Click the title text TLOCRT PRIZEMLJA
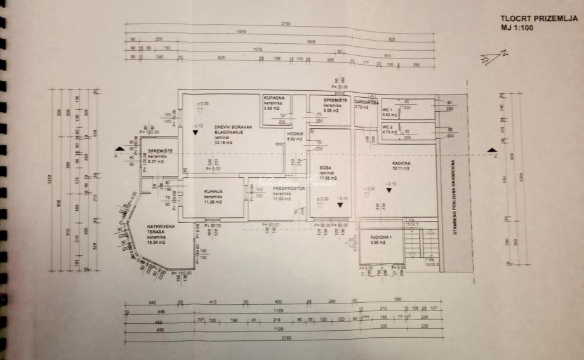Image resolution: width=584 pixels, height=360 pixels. (x=538, y=19)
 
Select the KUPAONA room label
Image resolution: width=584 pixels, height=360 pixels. (x=277, y=98)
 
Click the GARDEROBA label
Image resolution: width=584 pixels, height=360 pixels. (x=367, y=102)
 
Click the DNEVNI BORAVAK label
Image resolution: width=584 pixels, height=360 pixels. (x=233, y=127)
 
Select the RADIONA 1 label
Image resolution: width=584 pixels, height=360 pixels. (x=382, y=237)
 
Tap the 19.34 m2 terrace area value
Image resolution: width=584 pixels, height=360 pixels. (x=156, y=241)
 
